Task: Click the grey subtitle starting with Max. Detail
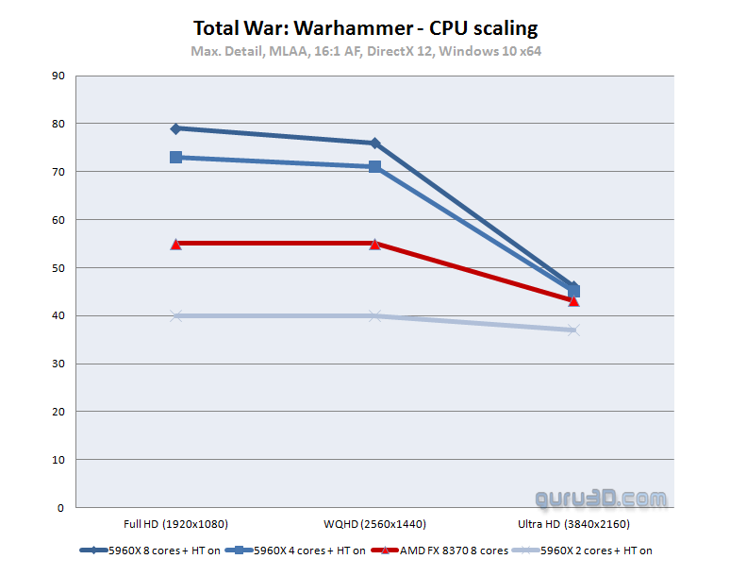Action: coord(365,49)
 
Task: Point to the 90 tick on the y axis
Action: coord(58,76)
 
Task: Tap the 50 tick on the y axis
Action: coord(58,268)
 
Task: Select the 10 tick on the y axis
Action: coord(58,460)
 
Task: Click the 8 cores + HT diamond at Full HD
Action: coord(175,128)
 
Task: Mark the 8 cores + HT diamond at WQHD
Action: coord(374,144)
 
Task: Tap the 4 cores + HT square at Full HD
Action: coord(175,157)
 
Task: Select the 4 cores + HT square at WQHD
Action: coord(374,167)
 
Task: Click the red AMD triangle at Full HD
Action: coord(175,244)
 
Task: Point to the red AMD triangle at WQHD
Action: coord(374,244)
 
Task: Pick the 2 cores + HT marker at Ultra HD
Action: coord(573,330)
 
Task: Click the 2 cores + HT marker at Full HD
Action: coord(175,315)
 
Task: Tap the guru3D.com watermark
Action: coord(601,498)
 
